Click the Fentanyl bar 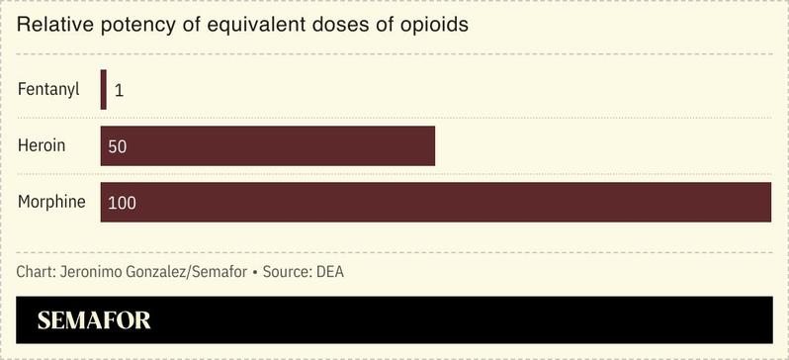pos(103,89)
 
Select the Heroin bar pos(267,145)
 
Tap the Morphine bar pos(435,202)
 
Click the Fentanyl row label pos(48,89)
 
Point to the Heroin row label pos(42,145)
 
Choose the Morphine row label pos(51,202)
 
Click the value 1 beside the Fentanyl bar pos(119,90)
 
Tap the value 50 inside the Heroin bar pos(118,146)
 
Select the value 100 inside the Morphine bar pos(122,203)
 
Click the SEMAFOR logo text pos(94,320)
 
